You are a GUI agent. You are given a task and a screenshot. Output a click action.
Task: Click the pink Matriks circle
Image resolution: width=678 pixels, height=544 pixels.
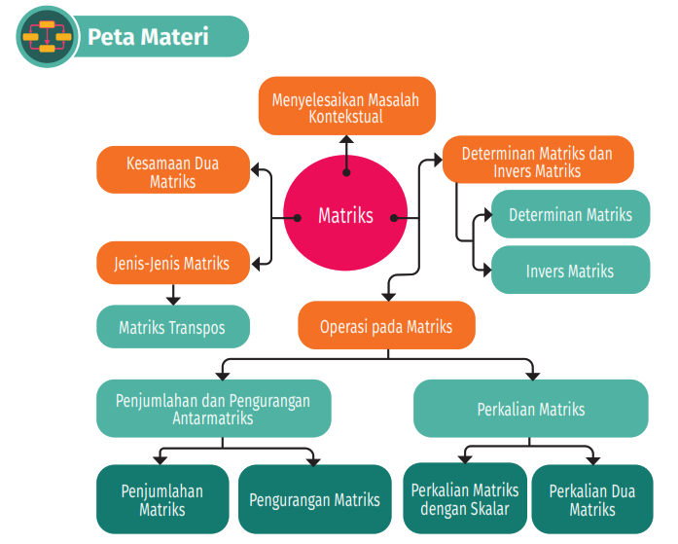345,213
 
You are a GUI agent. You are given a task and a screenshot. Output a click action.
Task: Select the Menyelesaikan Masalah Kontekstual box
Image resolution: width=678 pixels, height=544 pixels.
347,106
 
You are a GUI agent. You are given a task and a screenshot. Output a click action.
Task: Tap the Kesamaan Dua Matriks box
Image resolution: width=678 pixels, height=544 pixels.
173,169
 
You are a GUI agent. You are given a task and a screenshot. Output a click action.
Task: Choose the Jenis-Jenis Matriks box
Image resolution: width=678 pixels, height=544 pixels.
173,263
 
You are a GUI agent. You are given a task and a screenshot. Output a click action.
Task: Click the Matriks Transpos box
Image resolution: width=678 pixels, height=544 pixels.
173,326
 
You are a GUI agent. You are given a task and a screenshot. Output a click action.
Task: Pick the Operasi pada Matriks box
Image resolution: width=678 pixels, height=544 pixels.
386,325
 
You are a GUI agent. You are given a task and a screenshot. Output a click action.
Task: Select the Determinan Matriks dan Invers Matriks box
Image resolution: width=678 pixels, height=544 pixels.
538,160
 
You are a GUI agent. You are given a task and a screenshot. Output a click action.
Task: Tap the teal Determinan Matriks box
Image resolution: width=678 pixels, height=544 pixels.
570,214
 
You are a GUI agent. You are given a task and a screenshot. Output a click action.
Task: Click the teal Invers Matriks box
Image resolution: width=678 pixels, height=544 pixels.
570,270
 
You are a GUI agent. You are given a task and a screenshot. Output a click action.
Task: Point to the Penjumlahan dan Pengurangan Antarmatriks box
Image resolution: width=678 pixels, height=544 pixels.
214,408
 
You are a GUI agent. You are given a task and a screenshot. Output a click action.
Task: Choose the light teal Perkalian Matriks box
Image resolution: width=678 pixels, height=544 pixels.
530,408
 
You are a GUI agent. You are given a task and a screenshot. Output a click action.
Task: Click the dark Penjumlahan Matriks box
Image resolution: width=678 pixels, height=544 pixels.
162,499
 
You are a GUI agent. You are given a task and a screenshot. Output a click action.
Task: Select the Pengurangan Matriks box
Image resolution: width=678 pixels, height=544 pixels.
315,499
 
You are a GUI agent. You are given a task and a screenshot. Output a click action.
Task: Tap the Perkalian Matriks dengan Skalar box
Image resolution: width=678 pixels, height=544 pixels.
465,498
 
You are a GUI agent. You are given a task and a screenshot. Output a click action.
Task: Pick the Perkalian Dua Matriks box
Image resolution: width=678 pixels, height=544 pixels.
592,499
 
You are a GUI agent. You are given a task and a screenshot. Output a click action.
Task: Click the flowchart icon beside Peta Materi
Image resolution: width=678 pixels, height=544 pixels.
47,37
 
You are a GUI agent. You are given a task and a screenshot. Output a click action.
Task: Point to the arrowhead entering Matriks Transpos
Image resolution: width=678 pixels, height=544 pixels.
173,301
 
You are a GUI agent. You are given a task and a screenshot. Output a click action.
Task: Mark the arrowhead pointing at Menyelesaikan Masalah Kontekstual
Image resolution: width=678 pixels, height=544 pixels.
346,139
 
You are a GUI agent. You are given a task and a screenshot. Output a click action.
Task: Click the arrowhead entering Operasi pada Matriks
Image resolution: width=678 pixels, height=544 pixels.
388,297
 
